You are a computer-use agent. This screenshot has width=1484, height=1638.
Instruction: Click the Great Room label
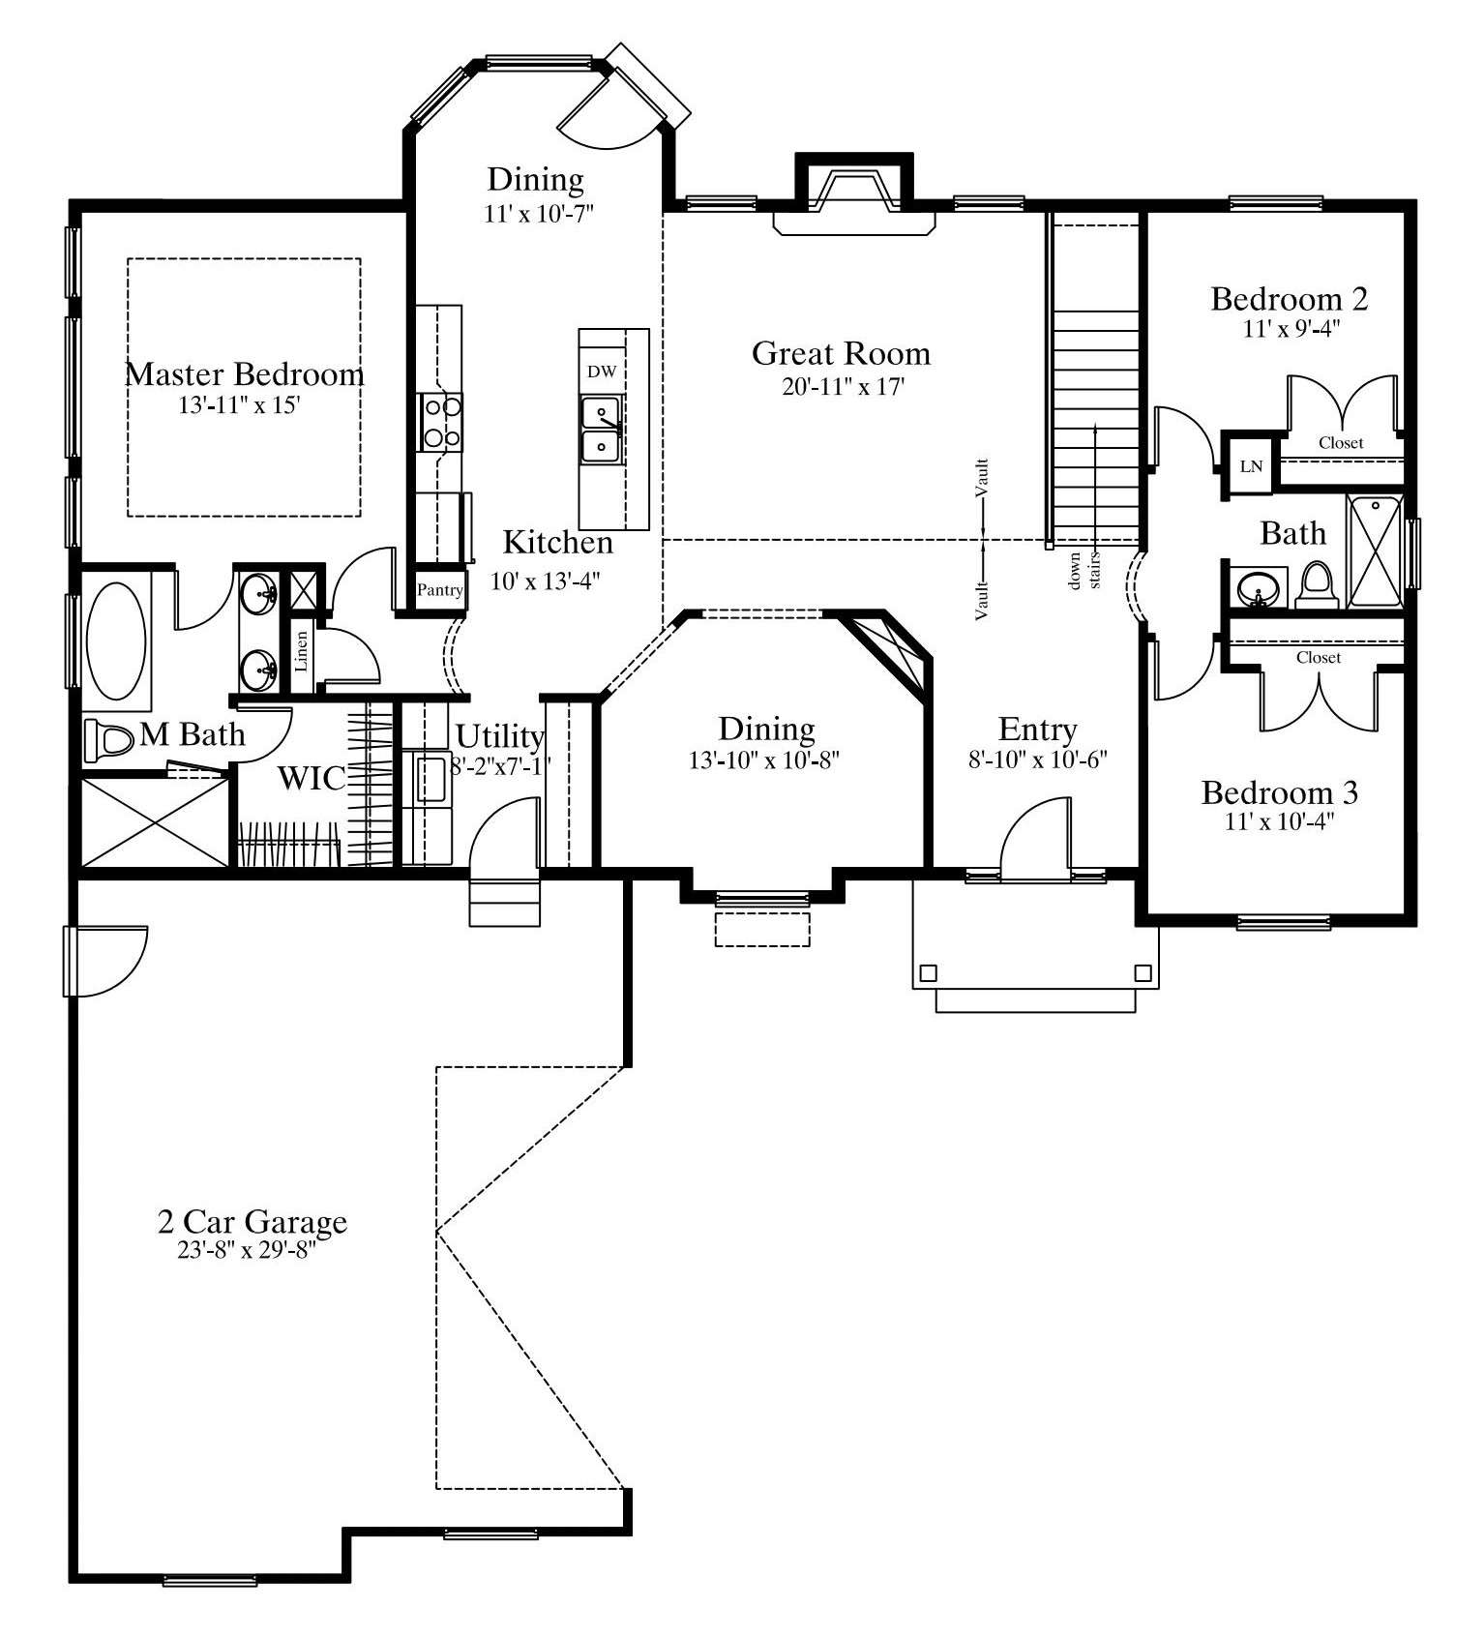(841, 353)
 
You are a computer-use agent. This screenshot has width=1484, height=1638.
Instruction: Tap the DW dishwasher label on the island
(601, 372)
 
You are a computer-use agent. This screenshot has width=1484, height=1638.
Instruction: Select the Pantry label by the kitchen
(440, 589)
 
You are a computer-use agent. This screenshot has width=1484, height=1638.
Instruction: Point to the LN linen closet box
(1251, 466)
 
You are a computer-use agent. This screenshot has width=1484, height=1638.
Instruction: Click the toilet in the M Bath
(108, 740)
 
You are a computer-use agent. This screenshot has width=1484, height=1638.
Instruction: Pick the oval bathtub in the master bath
(116, 640)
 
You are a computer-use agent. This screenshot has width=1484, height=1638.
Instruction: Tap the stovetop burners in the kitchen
(440, 422)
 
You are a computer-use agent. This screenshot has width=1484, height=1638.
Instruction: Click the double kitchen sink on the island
(601, 430)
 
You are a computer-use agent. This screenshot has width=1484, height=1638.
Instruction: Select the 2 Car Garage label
(252, 1222)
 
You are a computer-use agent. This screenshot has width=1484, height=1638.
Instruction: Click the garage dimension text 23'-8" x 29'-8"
(247, 1251)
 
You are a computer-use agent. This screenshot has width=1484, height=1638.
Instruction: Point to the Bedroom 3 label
(1279, 793)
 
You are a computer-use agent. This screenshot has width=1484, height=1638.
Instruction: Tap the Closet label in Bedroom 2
(1341, 443)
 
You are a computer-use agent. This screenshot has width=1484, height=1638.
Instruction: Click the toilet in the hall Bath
(1316, 587)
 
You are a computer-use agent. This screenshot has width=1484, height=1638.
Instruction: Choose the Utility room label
(499, 737)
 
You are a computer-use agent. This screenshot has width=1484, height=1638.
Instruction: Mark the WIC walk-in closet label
(311, 778)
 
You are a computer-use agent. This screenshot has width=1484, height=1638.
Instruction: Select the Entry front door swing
(1035, 839)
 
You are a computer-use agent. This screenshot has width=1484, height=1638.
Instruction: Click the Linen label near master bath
(302, 651)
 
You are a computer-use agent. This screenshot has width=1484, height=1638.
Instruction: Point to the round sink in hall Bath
(1258, 588)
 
